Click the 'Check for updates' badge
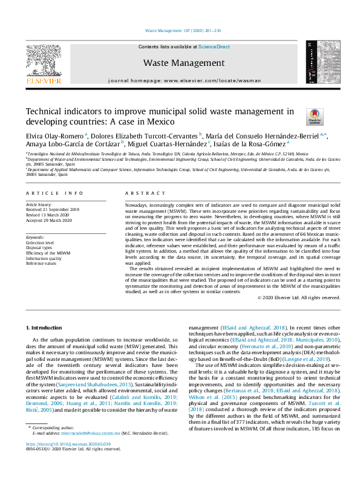coord(315,117)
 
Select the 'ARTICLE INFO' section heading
coord(54,193)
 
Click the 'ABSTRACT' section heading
coord(143,193)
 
